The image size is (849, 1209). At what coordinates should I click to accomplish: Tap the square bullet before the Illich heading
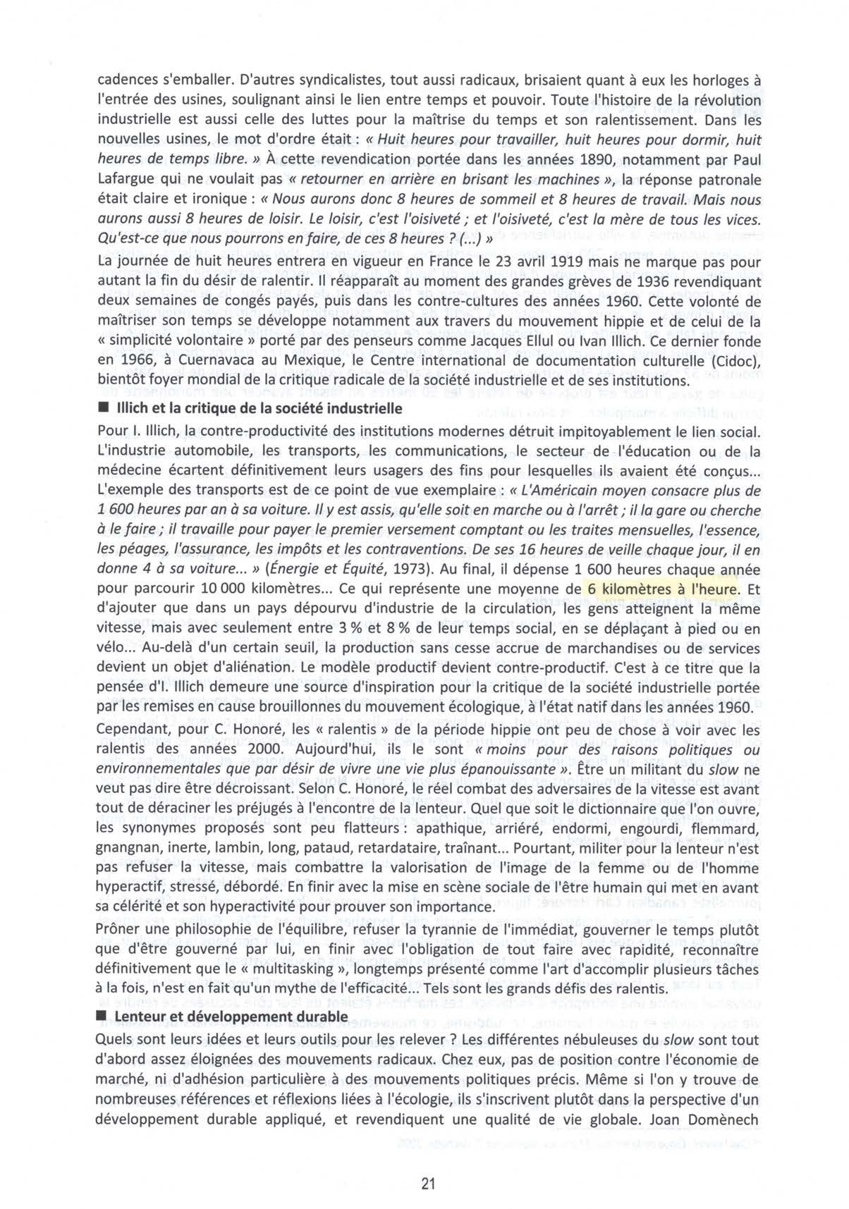[102, 409]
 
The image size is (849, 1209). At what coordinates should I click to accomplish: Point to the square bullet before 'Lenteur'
[102, 1017]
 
